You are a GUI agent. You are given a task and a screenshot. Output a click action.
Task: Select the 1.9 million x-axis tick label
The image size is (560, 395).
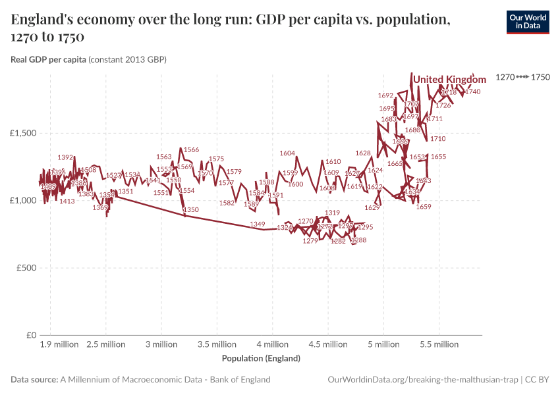click(x=59, y=344)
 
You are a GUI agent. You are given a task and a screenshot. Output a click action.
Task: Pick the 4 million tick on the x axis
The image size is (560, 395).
click(x=272, y=344)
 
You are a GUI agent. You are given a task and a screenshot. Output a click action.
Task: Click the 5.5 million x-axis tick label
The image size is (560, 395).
click(x=439, y=344)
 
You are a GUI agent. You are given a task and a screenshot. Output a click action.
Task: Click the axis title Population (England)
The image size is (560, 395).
click(x=261, y=359)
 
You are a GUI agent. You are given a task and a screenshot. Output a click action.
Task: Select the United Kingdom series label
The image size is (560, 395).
click(x=449, y=80)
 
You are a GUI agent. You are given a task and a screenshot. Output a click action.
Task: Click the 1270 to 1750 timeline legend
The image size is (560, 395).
click(x=522, y=78)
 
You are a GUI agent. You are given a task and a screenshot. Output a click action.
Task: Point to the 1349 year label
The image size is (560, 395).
click(x=258, y=224)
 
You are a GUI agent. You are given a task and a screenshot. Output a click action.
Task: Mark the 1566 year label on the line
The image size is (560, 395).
click(x=191, y=150)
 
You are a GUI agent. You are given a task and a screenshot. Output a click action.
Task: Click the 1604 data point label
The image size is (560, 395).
click(x=287, y=153)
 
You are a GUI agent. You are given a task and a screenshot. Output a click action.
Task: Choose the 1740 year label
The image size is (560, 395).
click(x=472, y=92)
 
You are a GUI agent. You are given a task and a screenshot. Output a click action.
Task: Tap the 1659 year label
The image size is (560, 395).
click(x=424, y=207)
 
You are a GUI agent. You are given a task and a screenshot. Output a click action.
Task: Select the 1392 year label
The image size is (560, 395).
click(x=65, y=157)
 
